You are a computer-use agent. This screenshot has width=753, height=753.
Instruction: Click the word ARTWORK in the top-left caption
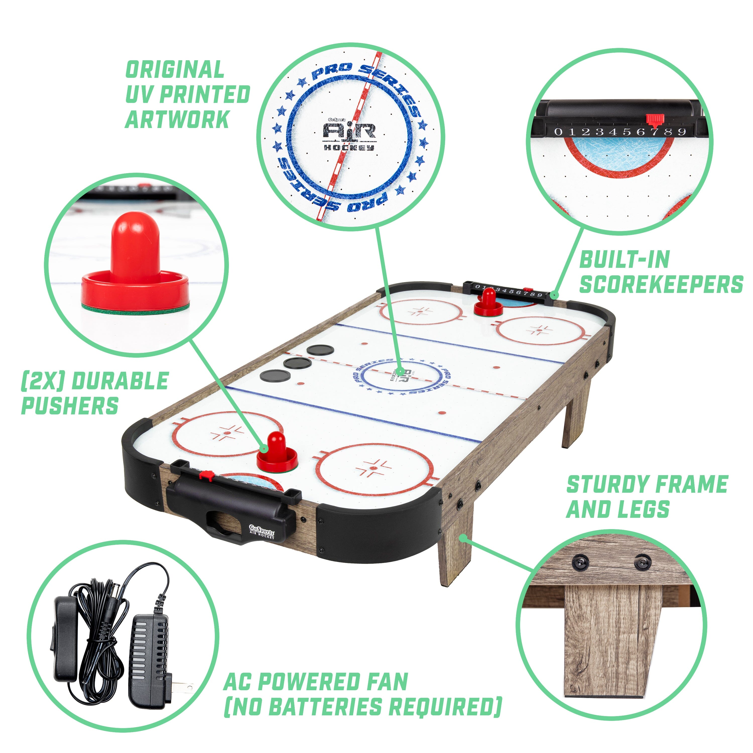(177, 119)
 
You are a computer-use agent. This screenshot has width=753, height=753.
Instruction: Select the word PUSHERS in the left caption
(70, 406)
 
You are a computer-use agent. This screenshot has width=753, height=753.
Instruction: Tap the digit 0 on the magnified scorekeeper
(558, 132)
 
